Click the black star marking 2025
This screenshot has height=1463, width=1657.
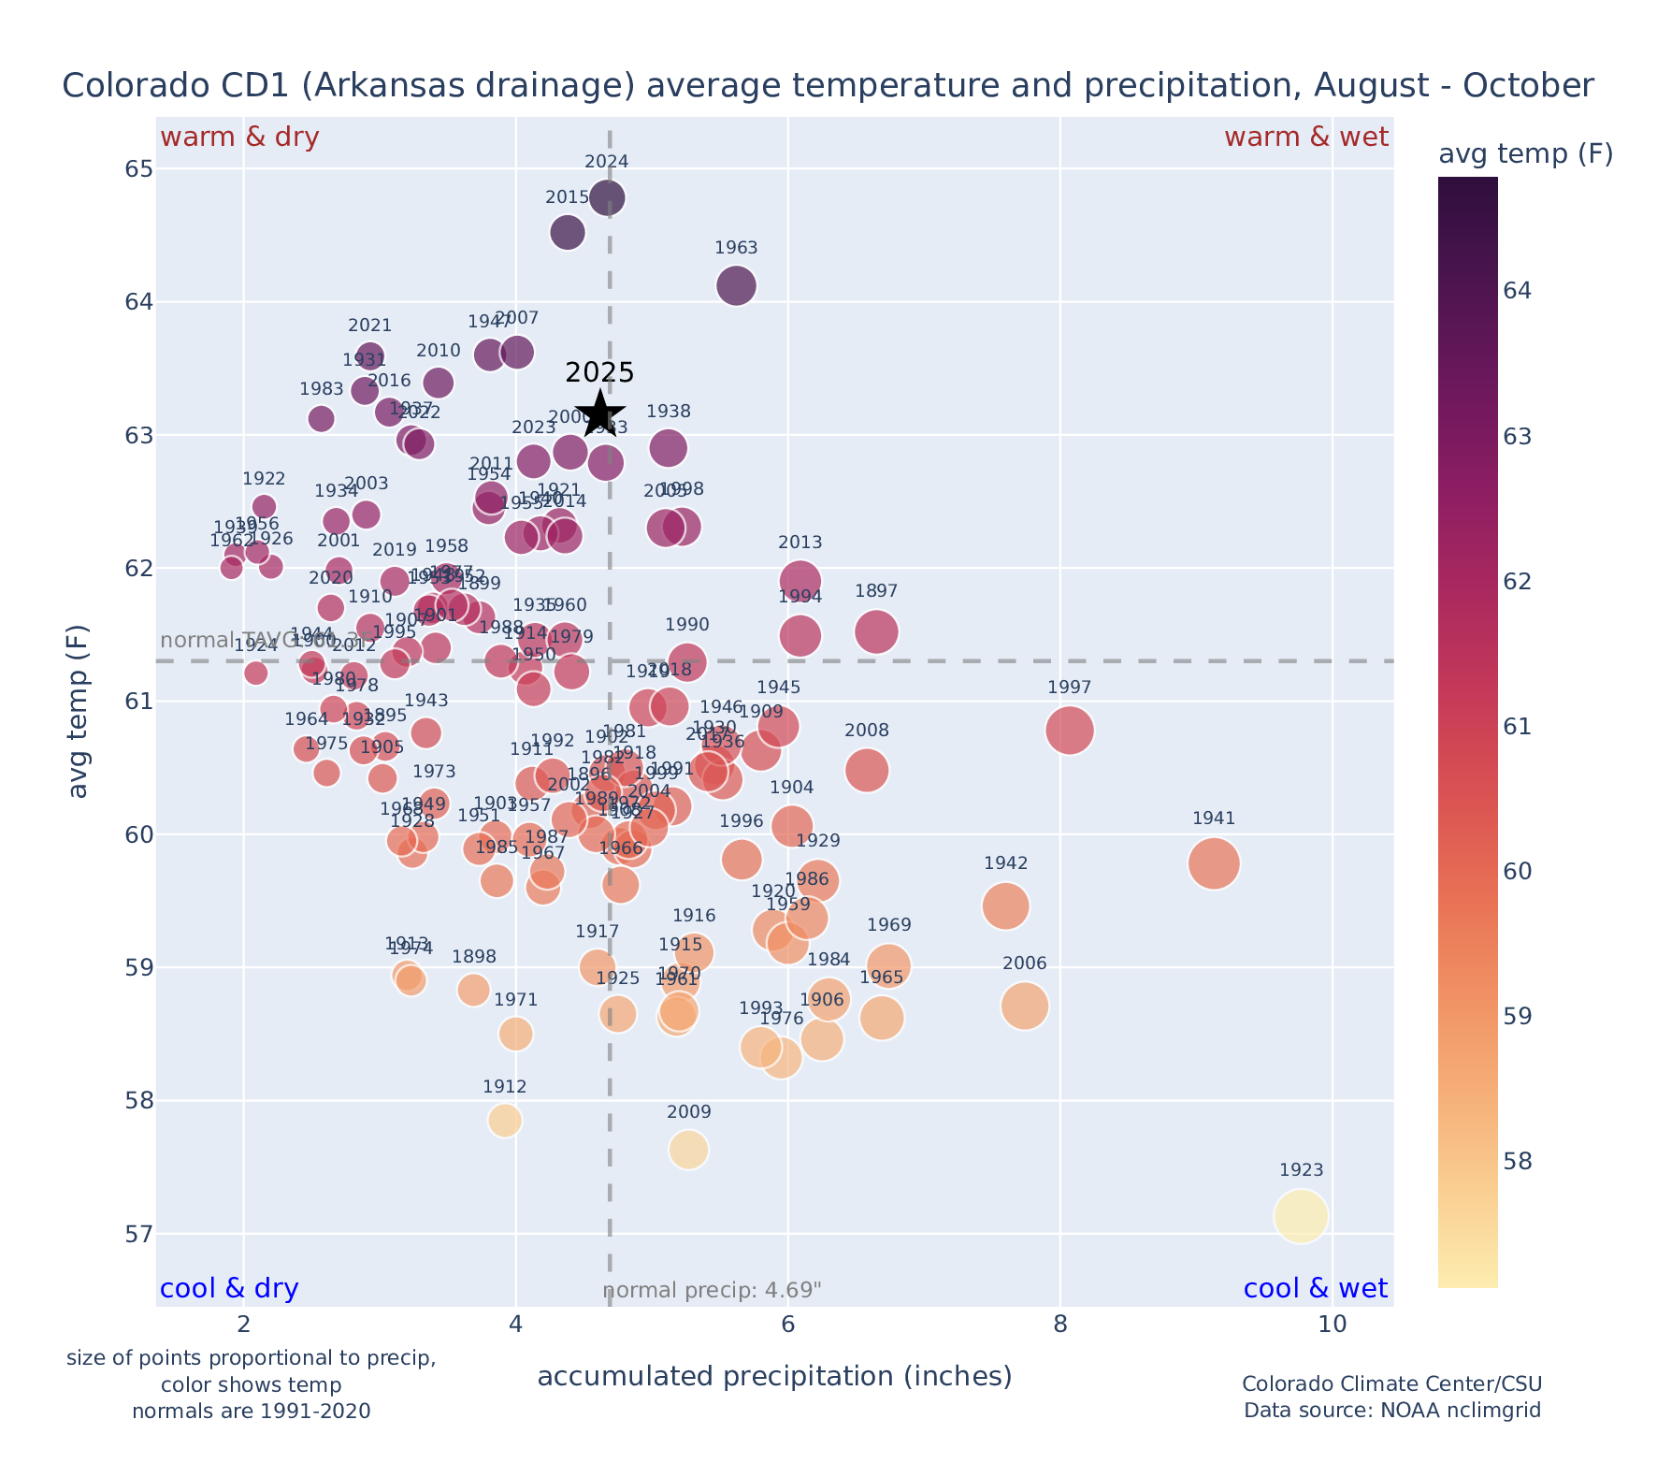pyautogui.click(x=600, y=413)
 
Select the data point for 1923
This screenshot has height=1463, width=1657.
pyautogui.click(x=1300, y=1216)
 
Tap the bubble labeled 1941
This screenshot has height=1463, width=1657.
pyautogui.click(x=1214, y=863)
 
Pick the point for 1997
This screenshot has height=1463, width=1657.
pyautogui.click(x=1070, y=731)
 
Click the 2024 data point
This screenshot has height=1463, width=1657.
pyautogui.click(x=607, y=197)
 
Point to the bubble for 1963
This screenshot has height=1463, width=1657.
pyautogui.click(x=736, y=285)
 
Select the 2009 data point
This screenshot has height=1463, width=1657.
pyautogui.click(x=688, y=1149)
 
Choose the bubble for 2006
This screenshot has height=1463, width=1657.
pyautogui.click(x=1024, y=1007)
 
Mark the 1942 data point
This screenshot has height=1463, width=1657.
pyautogui.click(x=1006, y=905)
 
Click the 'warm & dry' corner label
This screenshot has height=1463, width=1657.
pyautogui.click(x=239, y=138)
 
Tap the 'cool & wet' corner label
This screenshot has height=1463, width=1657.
pyautogui.click(x=1315, y=1289)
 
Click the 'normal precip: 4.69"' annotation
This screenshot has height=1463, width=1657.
pyautogui.click(x=712, y=1291)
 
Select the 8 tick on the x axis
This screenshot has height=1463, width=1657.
pyautogui.click(x=1060, y=1325)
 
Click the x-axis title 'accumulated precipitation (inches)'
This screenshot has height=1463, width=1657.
pyautogui.click(x=774, y=1376)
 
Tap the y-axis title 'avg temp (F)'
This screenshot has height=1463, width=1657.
pyautogui.click(x=79, y=711)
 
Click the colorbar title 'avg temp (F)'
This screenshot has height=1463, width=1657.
pyautogui.click(x=1525, y=154)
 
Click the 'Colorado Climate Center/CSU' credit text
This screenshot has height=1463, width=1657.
pyautogui.click(x=1391, y=1384)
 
